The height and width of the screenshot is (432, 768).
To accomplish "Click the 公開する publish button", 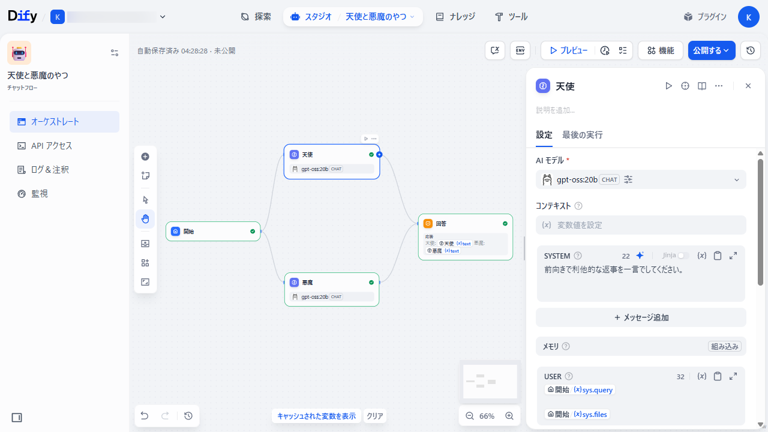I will [x=712, y=51].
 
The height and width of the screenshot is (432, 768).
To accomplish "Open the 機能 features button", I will [x=660, y=51].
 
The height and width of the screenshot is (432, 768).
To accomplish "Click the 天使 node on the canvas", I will [x=331, y=155].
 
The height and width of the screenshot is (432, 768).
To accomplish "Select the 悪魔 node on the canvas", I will [x=331, y=283].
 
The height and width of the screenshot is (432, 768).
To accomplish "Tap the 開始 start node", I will [x=213, y=231].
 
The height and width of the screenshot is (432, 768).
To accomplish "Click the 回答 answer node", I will [x=465, y=224].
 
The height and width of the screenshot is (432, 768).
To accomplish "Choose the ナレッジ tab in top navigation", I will [x=455, y=17].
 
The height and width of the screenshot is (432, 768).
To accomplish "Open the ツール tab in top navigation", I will [x=511, y=17].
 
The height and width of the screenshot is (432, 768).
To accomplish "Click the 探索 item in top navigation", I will [x=256, y=17].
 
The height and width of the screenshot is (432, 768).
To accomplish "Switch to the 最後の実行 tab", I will [x=582, y=135].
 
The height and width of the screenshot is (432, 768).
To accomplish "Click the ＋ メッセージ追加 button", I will [x=641, y=317].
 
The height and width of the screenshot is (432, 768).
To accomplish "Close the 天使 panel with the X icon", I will [x=748, y=86].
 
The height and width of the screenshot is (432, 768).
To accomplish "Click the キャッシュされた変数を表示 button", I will [x=316, y=416].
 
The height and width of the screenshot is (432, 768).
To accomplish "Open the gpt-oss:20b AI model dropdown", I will [x=640, y=179].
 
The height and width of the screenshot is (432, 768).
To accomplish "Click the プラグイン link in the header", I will [x=705, y=17].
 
